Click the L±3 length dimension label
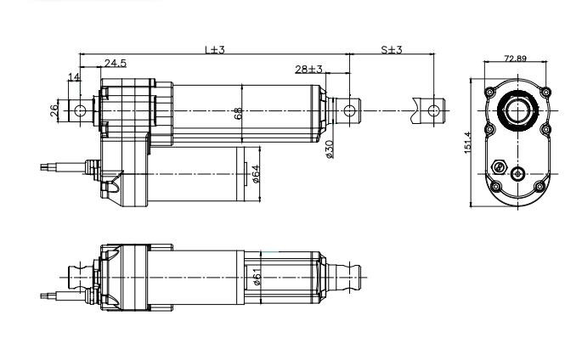(x=214, y=50)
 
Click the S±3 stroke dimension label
(x=391, y=50)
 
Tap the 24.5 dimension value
(x=116, y=64)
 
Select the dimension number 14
(x=74, y=77)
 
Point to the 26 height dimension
(x=55, y=110)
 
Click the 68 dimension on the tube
(x=239, y=111)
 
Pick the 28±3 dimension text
(x=309, y=69)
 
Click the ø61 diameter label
(x=257, y=277)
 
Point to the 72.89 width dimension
(x=515, y=59)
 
